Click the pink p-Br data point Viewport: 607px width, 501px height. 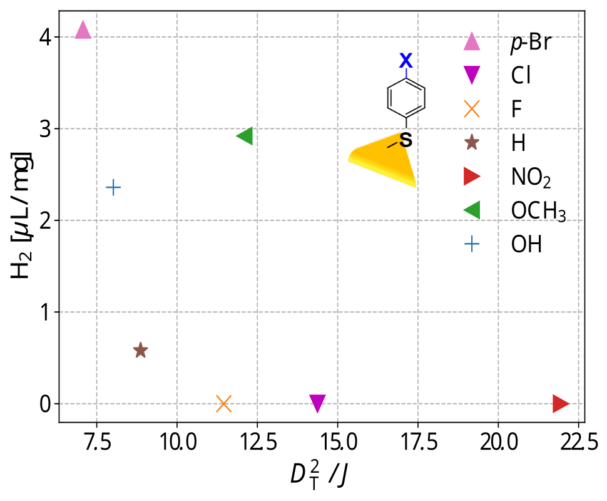click(83, 30)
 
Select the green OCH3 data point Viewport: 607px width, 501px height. click(245, 135)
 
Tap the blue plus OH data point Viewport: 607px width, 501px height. click(113, 187)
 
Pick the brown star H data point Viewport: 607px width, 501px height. click(140, 350)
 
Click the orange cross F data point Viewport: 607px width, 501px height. click(224, 404)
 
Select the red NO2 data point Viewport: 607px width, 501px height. click(561, 403)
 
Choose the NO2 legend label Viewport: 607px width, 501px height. click(531, 178)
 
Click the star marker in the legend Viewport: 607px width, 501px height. click(471, 143)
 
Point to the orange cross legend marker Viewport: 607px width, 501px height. click(471, 110)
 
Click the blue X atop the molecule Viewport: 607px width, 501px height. click(406, 61)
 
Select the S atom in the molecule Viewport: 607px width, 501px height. click(406, 140)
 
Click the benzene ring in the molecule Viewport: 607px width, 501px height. click(406, 98)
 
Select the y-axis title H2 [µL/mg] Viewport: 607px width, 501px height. click(21, 215)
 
